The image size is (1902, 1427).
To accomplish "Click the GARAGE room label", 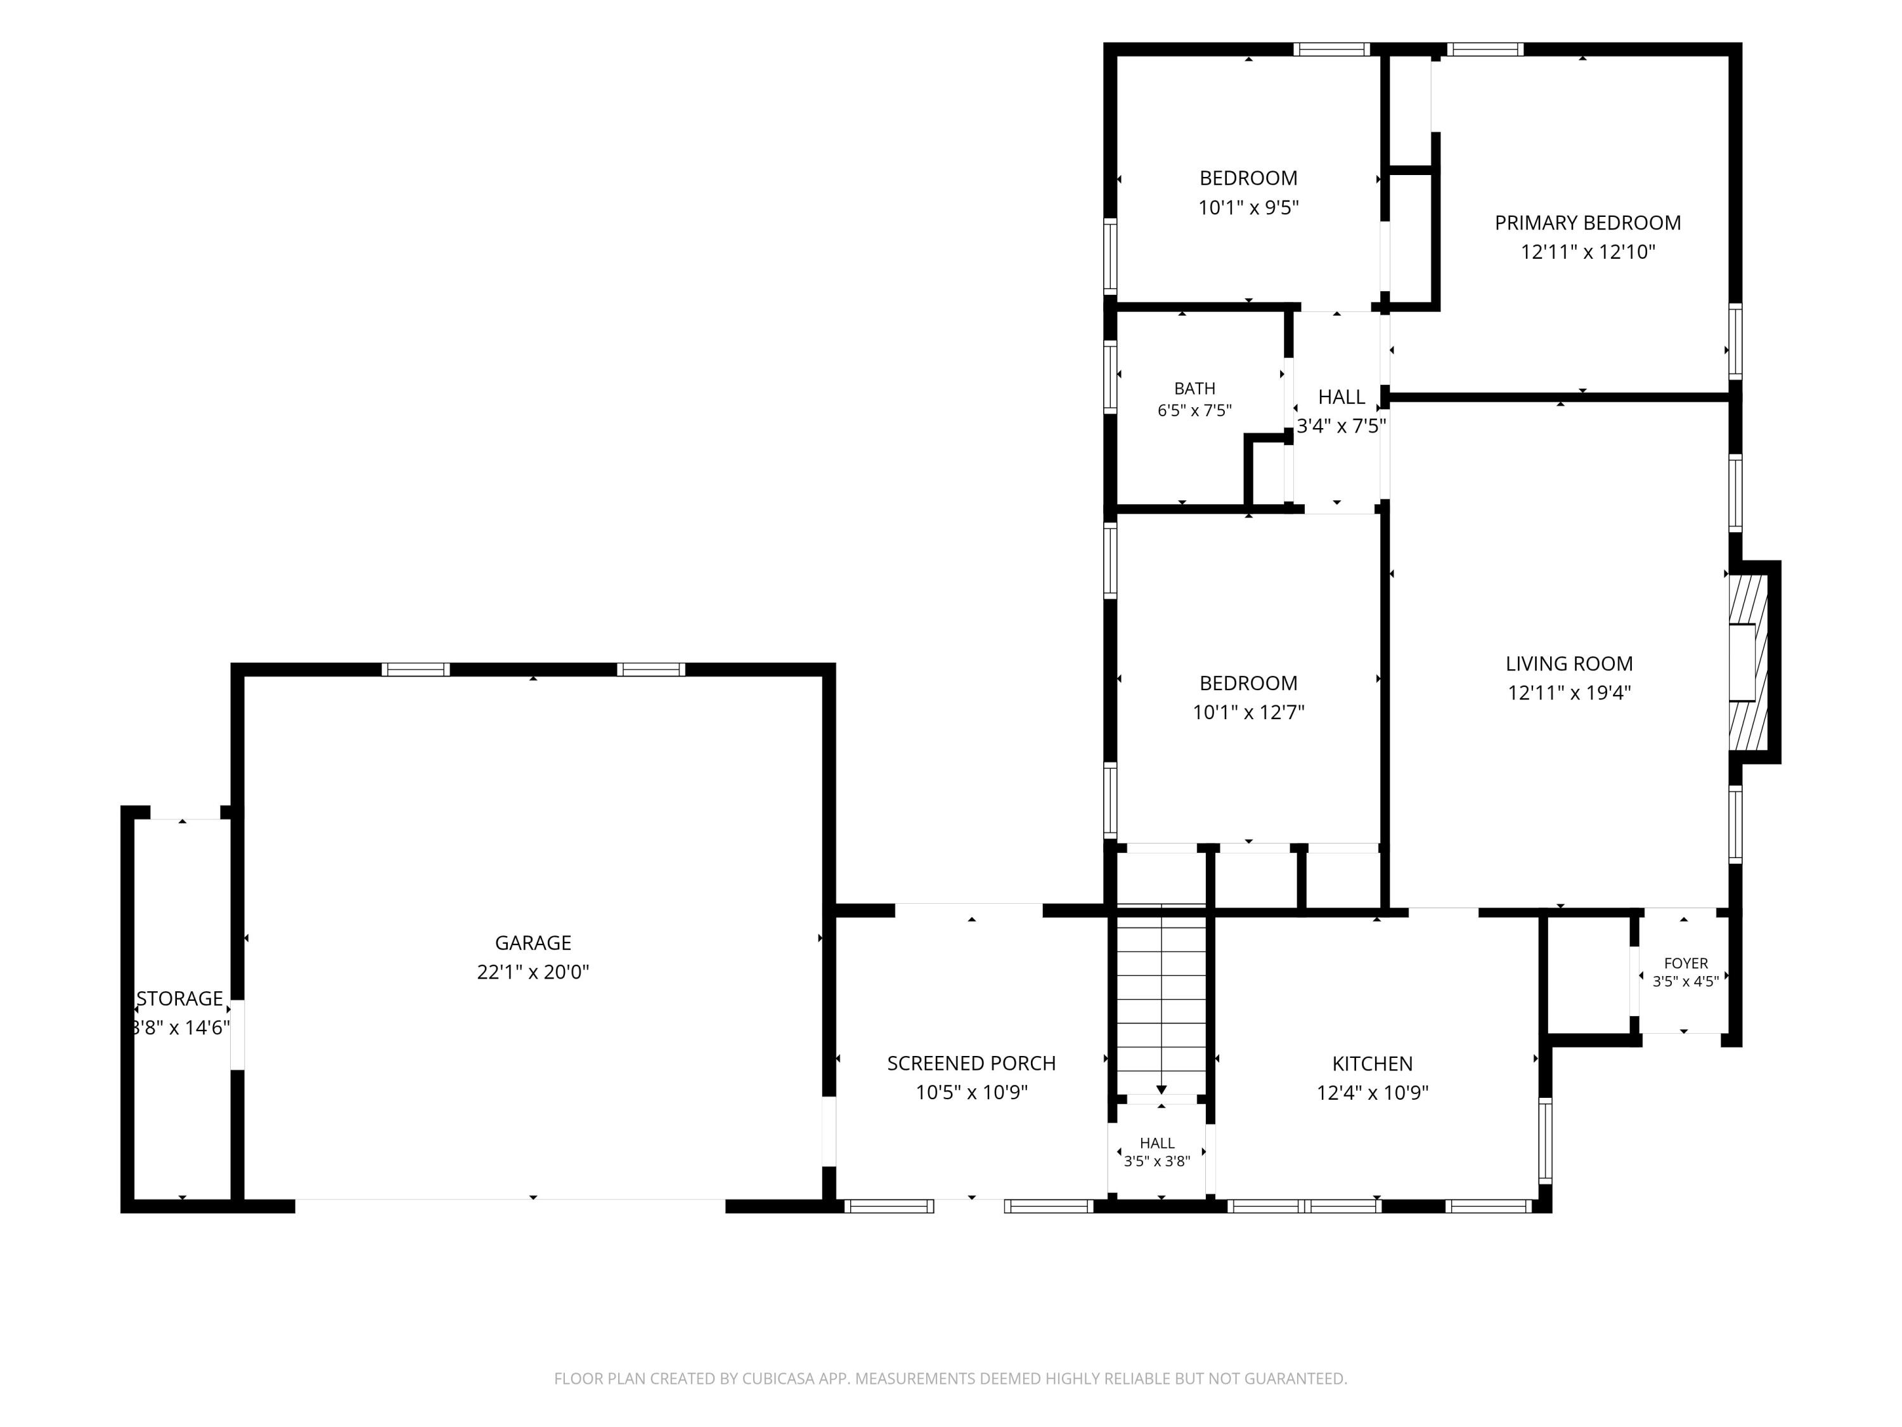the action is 533,942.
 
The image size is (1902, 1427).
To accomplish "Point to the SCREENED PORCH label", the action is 972,1063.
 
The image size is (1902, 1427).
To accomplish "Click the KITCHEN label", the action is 1373,1063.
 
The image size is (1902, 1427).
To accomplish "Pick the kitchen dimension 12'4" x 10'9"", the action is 1373,1092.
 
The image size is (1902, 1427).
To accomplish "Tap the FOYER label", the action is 1686,963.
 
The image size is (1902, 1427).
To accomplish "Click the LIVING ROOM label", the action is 1569,663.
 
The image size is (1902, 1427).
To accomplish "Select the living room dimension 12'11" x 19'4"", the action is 1569,693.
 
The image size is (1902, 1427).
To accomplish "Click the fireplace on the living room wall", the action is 1753,661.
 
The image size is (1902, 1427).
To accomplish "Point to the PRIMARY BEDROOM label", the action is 1588,223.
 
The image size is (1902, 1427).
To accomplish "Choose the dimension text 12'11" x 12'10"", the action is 1588,252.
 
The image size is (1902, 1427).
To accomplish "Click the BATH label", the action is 1195,389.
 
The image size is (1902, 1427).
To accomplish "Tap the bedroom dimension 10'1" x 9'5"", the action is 1248,207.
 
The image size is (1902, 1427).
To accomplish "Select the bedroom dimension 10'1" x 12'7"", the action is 1248,712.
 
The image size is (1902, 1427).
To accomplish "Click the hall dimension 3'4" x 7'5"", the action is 1342,426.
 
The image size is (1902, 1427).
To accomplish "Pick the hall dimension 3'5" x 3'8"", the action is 1157,1161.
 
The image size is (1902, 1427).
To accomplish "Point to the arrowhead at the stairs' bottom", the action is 1161,1090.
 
